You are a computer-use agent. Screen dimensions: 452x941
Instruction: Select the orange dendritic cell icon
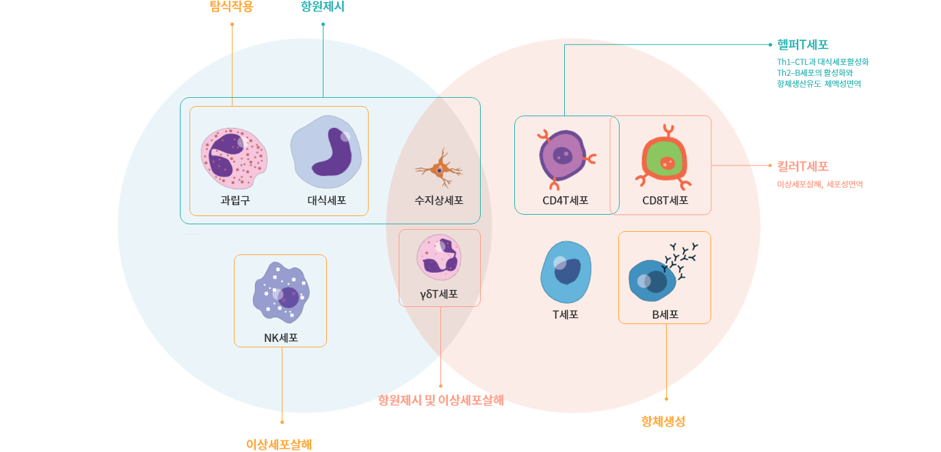[439, 168]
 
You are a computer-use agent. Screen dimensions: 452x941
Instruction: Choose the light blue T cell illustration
[566, 272]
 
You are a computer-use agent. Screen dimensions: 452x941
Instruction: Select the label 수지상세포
[439, 201]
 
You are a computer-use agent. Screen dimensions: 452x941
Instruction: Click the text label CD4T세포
[566, 201]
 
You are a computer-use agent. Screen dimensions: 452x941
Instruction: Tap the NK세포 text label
[280, 338]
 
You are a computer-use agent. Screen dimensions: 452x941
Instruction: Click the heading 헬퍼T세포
[802, 45]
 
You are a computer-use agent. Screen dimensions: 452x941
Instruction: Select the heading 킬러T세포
[802, 166]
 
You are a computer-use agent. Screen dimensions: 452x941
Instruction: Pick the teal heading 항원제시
[322, 7]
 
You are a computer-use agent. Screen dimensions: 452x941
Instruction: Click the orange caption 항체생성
[663, 422]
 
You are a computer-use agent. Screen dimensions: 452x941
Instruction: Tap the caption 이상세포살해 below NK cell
[279, 444]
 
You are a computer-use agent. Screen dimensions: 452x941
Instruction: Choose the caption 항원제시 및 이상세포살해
[441, 401]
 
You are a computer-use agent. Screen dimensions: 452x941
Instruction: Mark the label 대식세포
[326, 201]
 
